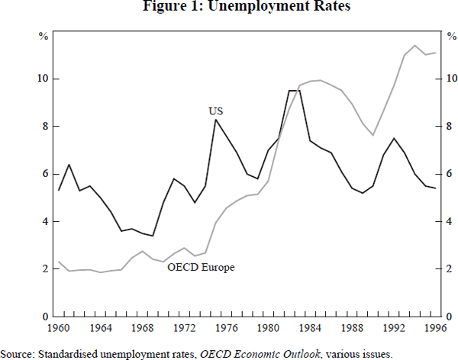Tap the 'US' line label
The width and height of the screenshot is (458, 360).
click(215, 111)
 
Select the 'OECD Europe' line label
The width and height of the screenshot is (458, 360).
click(201, 268)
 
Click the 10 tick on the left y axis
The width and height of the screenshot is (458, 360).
click(42, 79)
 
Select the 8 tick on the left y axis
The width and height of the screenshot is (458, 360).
click(45, 127)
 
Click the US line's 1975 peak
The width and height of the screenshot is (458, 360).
click(216, 120)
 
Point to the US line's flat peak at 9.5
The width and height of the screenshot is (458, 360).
click(295, 91)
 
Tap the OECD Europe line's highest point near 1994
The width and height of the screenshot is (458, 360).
click(414, 46)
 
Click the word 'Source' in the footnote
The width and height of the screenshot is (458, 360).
click(16, 353)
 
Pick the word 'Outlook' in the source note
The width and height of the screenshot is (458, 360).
click(311, 353)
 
